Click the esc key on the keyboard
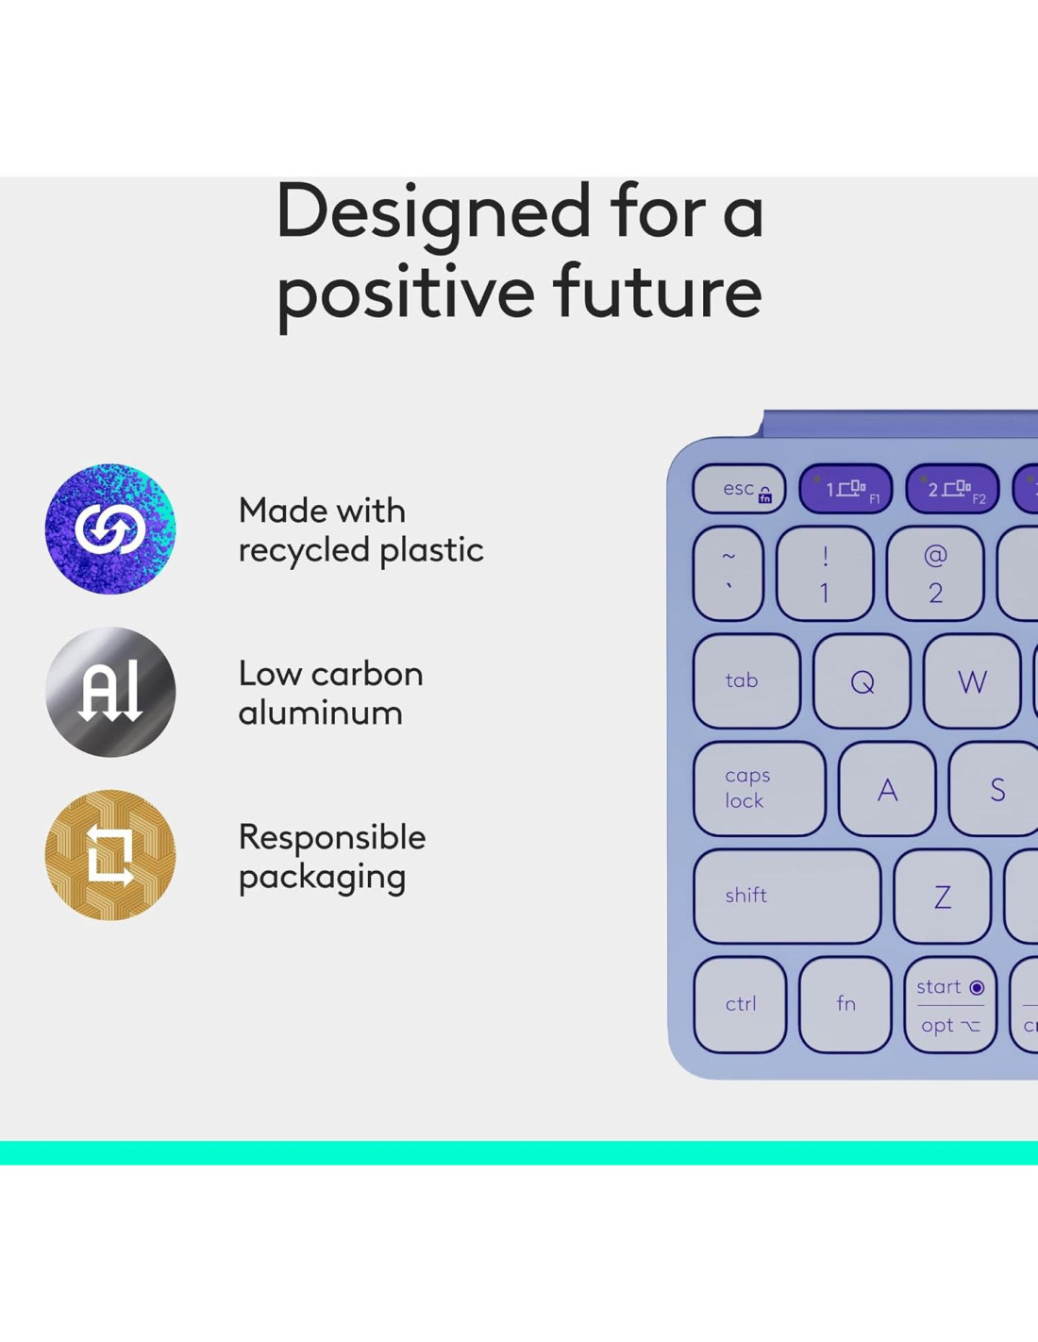(739, 489)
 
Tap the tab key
(746, 681)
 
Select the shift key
(787, 897)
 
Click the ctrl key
(741, 1004)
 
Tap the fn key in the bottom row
(845, 1004)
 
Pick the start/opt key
(950, 1004)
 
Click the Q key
(862, 681)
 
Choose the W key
(973, 681)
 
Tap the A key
(887, 789)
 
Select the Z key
(943, 897)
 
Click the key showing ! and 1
(825, 574)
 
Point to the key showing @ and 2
(935, 574)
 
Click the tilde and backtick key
(728, 574)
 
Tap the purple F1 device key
(845, 489)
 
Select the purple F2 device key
(952, 489)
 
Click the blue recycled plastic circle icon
(109, 528)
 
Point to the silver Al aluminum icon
(109, 693)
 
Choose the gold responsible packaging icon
(109, 855)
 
